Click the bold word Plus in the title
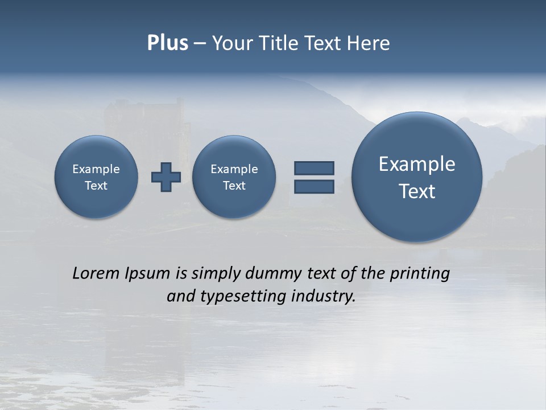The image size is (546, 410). [x=167, y=43]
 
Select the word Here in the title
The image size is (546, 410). [x=370, y=43]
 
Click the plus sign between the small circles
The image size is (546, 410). [x=166, y=177]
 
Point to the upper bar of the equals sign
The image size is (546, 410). [x=314, y=168]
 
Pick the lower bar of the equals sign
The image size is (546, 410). [x=314, y=186]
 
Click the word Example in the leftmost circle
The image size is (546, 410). [x=96, y=169]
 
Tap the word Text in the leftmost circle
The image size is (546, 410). [x=96, y=186]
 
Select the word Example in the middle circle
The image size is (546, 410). [x=234, y=169]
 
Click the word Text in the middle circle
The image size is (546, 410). [x=234, y=186]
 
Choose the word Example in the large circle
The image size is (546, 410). [x=417, y=164]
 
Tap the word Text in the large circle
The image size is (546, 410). [x=417, y=191]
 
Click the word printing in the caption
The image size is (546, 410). [x=419, y=274]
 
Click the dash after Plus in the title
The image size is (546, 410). [x=200, y=44]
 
